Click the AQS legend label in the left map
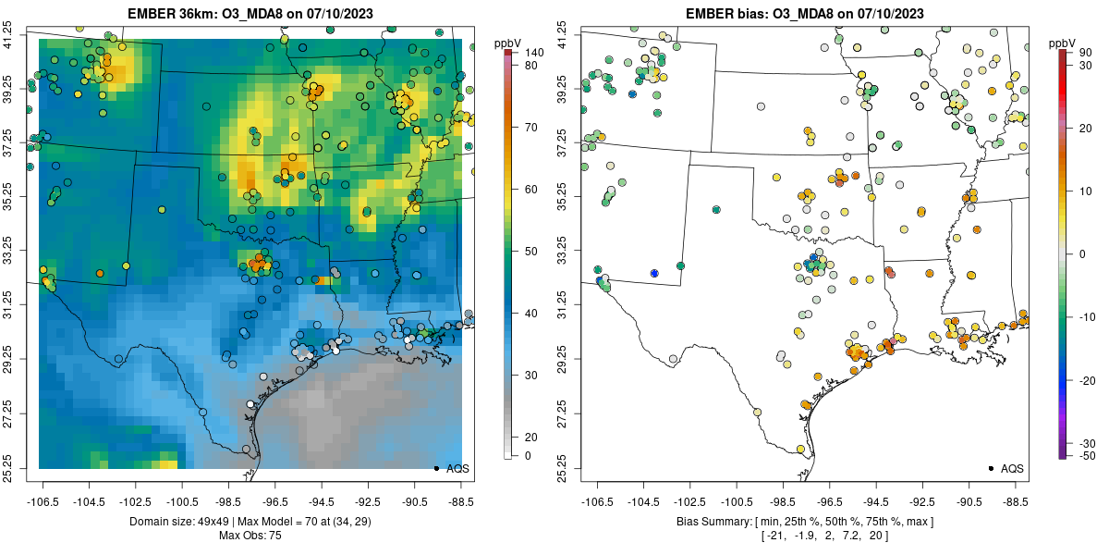(x=457, y=468)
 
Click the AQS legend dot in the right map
(x=990, y=468)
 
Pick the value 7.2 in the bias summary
(x=846, y=536)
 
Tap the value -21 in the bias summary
(x=774, y=536)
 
